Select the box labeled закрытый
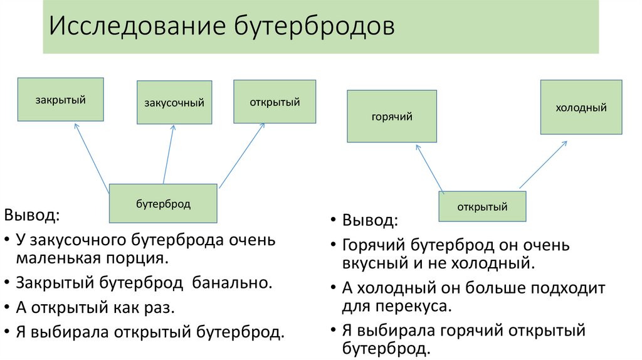coord(60,99)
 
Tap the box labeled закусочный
coord(174,102)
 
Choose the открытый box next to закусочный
coord(275,102)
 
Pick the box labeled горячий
coord(392,116)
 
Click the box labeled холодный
coord(581,107)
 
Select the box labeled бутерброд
coord(163,204)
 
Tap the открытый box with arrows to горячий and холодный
coord(482,206)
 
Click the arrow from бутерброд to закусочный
coord(168,154)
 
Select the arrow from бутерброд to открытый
coord(241,156)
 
